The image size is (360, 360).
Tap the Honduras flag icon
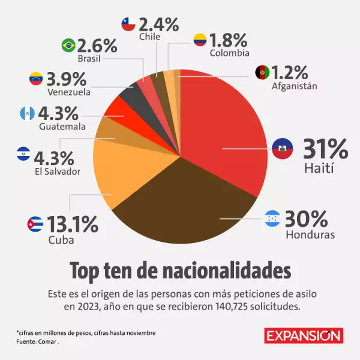[272, 219]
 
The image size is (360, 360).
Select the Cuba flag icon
[35, 226]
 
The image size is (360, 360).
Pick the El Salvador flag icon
[23, 154]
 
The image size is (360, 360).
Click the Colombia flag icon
[200, 41]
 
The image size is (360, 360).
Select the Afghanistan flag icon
[262, 72]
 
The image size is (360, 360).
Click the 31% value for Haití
[325, 148]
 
